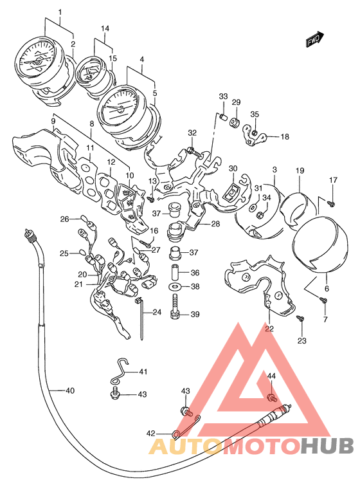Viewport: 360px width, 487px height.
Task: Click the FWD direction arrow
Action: (x=315, y=39)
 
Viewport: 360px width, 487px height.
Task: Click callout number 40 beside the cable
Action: (x=70, y=390)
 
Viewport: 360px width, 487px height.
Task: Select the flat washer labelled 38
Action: (x=175, y=286)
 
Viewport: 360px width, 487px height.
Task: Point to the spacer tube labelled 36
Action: (x=175, y=271)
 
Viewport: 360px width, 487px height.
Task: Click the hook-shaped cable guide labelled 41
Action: (x=120, y=372)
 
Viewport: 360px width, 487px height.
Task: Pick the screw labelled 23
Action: (x=300, y=318)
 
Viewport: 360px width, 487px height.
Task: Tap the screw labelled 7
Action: (x=323, y=300)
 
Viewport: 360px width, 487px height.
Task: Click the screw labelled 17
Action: (x=331, y=204)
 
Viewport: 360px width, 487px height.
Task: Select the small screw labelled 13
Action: (x=151, y=198)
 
